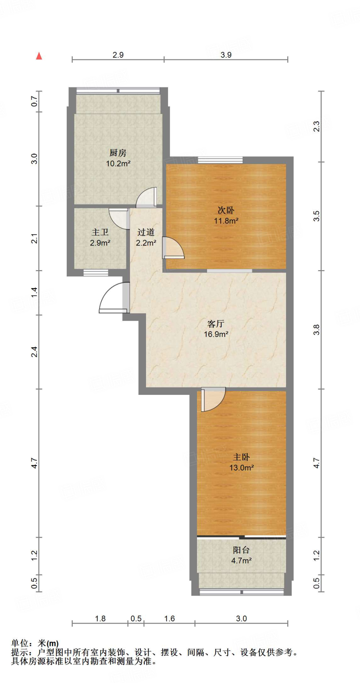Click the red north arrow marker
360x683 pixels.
pyautogui.click(x=39, y=56)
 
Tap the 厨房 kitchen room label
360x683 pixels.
pyautogui.click(x=118, y=153)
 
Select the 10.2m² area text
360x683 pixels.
pyautogui.click(x=118, y=163)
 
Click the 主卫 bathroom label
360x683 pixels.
pyautogui.click(x=100, y=232)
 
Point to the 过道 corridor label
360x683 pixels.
pyautogui.click(x=146, y=232)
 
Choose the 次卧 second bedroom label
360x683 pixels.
pyautogui.click(x=226, y=210)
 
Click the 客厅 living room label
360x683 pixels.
pyautogui.click(x=216, y=323)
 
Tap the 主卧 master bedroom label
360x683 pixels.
pyautogui.click(x=241, y=457)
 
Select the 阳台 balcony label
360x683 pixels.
pyautogui.click(x=241, y=550)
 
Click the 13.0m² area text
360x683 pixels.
pyautogui.click(x=242, y=468)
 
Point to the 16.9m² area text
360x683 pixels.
pyautogui.click(x=216, y=334)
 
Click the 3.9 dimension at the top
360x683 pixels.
pyautogui.click(x=226, y=55)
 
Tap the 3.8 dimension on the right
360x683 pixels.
pyautogui.click(x=316, y=329)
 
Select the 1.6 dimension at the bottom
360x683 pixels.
pyautogui.click(x=169, y=619)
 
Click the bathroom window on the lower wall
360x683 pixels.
pyautogui.click(x=96, y=272)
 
